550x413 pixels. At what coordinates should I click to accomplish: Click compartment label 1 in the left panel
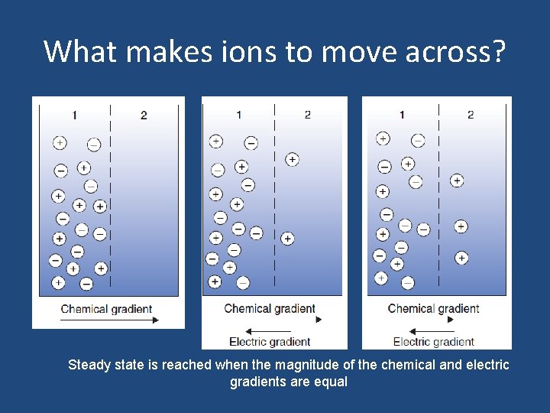coord(74,115)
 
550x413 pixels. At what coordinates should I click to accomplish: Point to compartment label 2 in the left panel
coord(144,115)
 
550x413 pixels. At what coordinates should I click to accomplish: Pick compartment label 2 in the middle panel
coord(307,115)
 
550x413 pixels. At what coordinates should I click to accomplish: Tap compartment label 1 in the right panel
coord(402,115)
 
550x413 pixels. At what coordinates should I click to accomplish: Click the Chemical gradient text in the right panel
coord(433,309)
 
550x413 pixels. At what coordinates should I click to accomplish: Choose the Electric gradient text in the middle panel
coord(270,342)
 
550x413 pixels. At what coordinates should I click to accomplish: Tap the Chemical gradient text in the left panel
coord(106,309)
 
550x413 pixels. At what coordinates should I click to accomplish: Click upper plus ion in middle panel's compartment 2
coord(292,159)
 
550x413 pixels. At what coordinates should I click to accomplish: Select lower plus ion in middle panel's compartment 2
coord(287,239)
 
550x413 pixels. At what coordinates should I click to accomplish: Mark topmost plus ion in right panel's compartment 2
coord(456,180)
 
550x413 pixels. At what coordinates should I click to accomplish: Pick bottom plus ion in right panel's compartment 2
coord(461,258)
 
